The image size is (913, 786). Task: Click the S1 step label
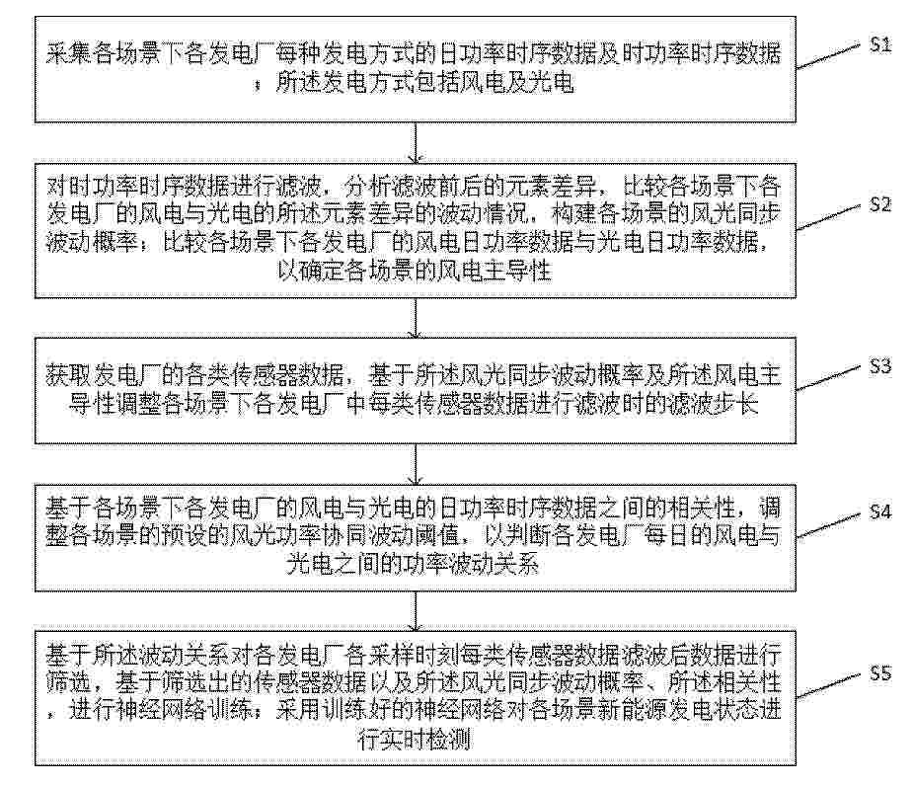[x=880, y=44]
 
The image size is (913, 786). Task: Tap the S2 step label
[x=880, y=204]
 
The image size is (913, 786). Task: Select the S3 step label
[x=880, y=366]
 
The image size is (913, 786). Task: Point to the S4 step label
[x=880, y=511]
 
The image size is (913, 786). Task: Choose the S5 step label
[x=880, y=673]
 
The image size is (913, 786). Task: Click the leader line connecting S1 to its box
[x=828, y=56]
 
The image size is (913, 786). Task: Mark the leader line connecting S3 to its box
[x=828, y=378]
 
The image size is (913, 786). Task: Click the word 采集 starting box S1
[x=69, y=54]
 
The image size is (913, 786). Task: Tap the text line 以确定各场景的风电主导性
[x=414, y=271]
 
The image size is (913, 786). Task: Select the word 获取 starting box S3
[x=69, y=376]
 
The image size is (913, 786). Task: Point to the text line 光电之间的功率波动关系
[x=413, y=564]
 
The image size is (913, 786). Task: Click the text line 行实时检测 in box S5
[x=414, y=740]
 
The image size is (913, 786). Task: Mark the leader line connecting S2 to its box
[x=828, y=217]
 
